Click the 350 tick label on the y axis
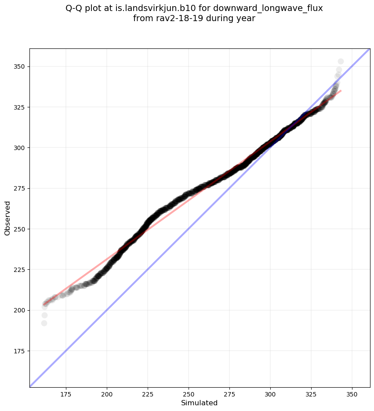19,66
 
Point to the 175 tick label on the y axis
19,351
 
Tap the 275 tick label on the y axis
19,188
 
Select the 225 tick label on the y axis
19,270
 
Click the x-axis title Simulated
200,403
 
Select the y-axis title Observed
7,218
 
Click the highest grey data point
341,61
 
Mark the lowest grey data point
44,323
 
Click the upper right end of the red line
341,91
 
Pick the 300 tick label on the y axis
19,148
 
